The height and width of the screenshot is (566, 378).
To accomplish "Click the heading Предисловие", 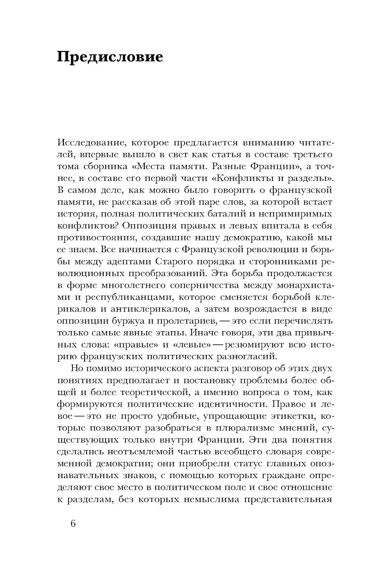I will point(110,57).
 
